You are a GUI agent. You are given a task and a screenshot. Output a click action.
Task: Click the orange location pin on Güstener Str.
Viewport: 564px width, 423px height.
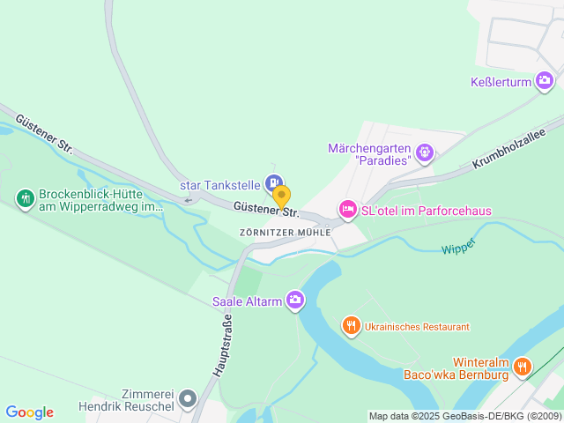click(281, 196)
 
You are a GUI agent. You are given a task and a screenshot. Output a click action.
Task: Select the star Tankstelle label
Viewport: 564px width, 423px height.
click(219, 185)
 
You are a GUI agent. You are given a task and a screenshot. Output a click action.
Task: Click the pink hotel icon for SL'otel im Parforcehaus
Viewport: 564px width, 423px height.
click(347, 210)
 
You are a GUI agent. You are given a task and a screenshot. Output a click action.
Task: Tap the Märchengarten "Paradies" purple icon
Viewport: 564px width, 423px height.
click(426, 153)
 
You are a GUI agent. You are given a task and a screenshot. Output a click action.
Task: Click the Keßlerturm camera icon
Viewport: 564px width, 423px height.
click(545, 82)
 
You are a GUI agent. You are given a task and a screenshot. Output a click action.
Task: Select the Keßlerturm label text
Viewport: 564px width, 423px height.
click(499, 83)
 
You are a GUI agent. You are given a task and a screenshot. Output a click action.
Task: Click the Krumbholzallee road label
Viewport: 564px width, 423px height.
click(510, 148)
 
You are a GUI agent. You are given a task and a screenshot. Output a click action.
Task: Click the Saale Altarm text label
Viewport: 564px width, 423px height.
click(247, 301)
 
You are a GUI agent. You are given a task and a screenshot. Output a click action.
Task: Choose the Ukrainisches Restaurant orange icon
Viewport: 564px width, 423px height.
click(351, 326)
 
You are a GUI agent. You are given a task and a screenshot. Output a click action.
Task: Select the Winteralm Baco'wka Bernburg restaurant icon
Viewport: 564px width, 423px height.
click(523, 366)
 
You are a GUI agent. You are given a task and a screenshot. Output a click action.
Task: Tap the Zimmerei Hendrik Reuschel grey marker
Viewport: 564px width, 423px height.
click(187, 401)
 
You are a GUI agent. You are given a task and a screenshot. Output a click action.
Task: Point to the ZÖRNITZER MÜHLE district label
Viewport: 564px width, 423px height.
click(285, 232)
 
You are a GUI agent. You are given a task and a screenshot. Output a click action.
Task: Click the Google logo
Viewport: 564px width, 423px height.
click(29, 412)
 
